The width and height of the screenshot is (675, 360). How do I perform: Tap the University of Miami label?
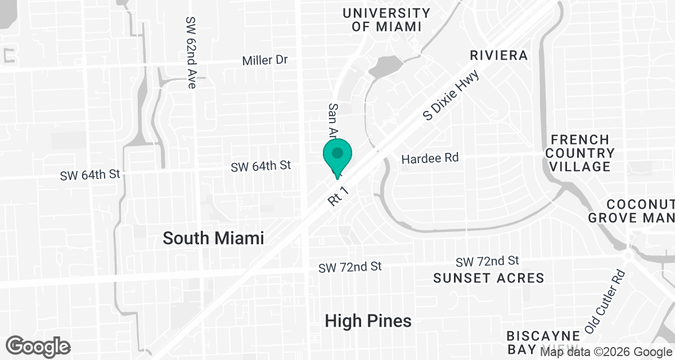[x=386, y=20]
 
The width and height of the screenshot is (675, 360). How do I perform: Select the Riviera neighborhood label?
[x=499, y=56]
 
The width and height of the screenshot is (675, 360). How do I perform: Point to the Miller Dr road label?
[x=265, y=60]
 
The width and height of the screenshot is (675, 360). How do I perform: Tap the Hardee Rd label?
[x=430, y=158]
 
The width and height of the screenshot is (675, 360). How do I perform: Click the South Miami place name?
[x=213, y=238]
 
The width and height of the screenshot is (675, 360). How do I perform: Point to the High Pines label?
[x=368, y=321]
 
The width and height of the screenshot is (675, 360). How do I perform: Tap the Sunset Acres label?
[x=489, y=278]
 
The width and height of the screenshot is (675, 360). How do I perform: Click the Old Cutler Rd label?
[x=605, y=302]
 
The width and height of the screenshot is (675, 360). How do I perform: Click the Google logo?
[x=38, y=345]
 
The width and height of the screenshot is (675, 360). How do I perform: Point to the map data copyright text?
[x=606, y=353]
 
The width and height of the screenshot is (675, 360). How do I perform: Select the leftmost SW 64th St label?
[x=91, y=175]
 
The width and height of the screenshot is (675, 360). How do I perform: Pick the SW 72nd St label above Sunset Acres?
[x=487, y=261]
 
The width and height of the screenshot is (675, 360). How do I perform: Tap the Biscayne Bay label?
[x=532, y=341]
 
